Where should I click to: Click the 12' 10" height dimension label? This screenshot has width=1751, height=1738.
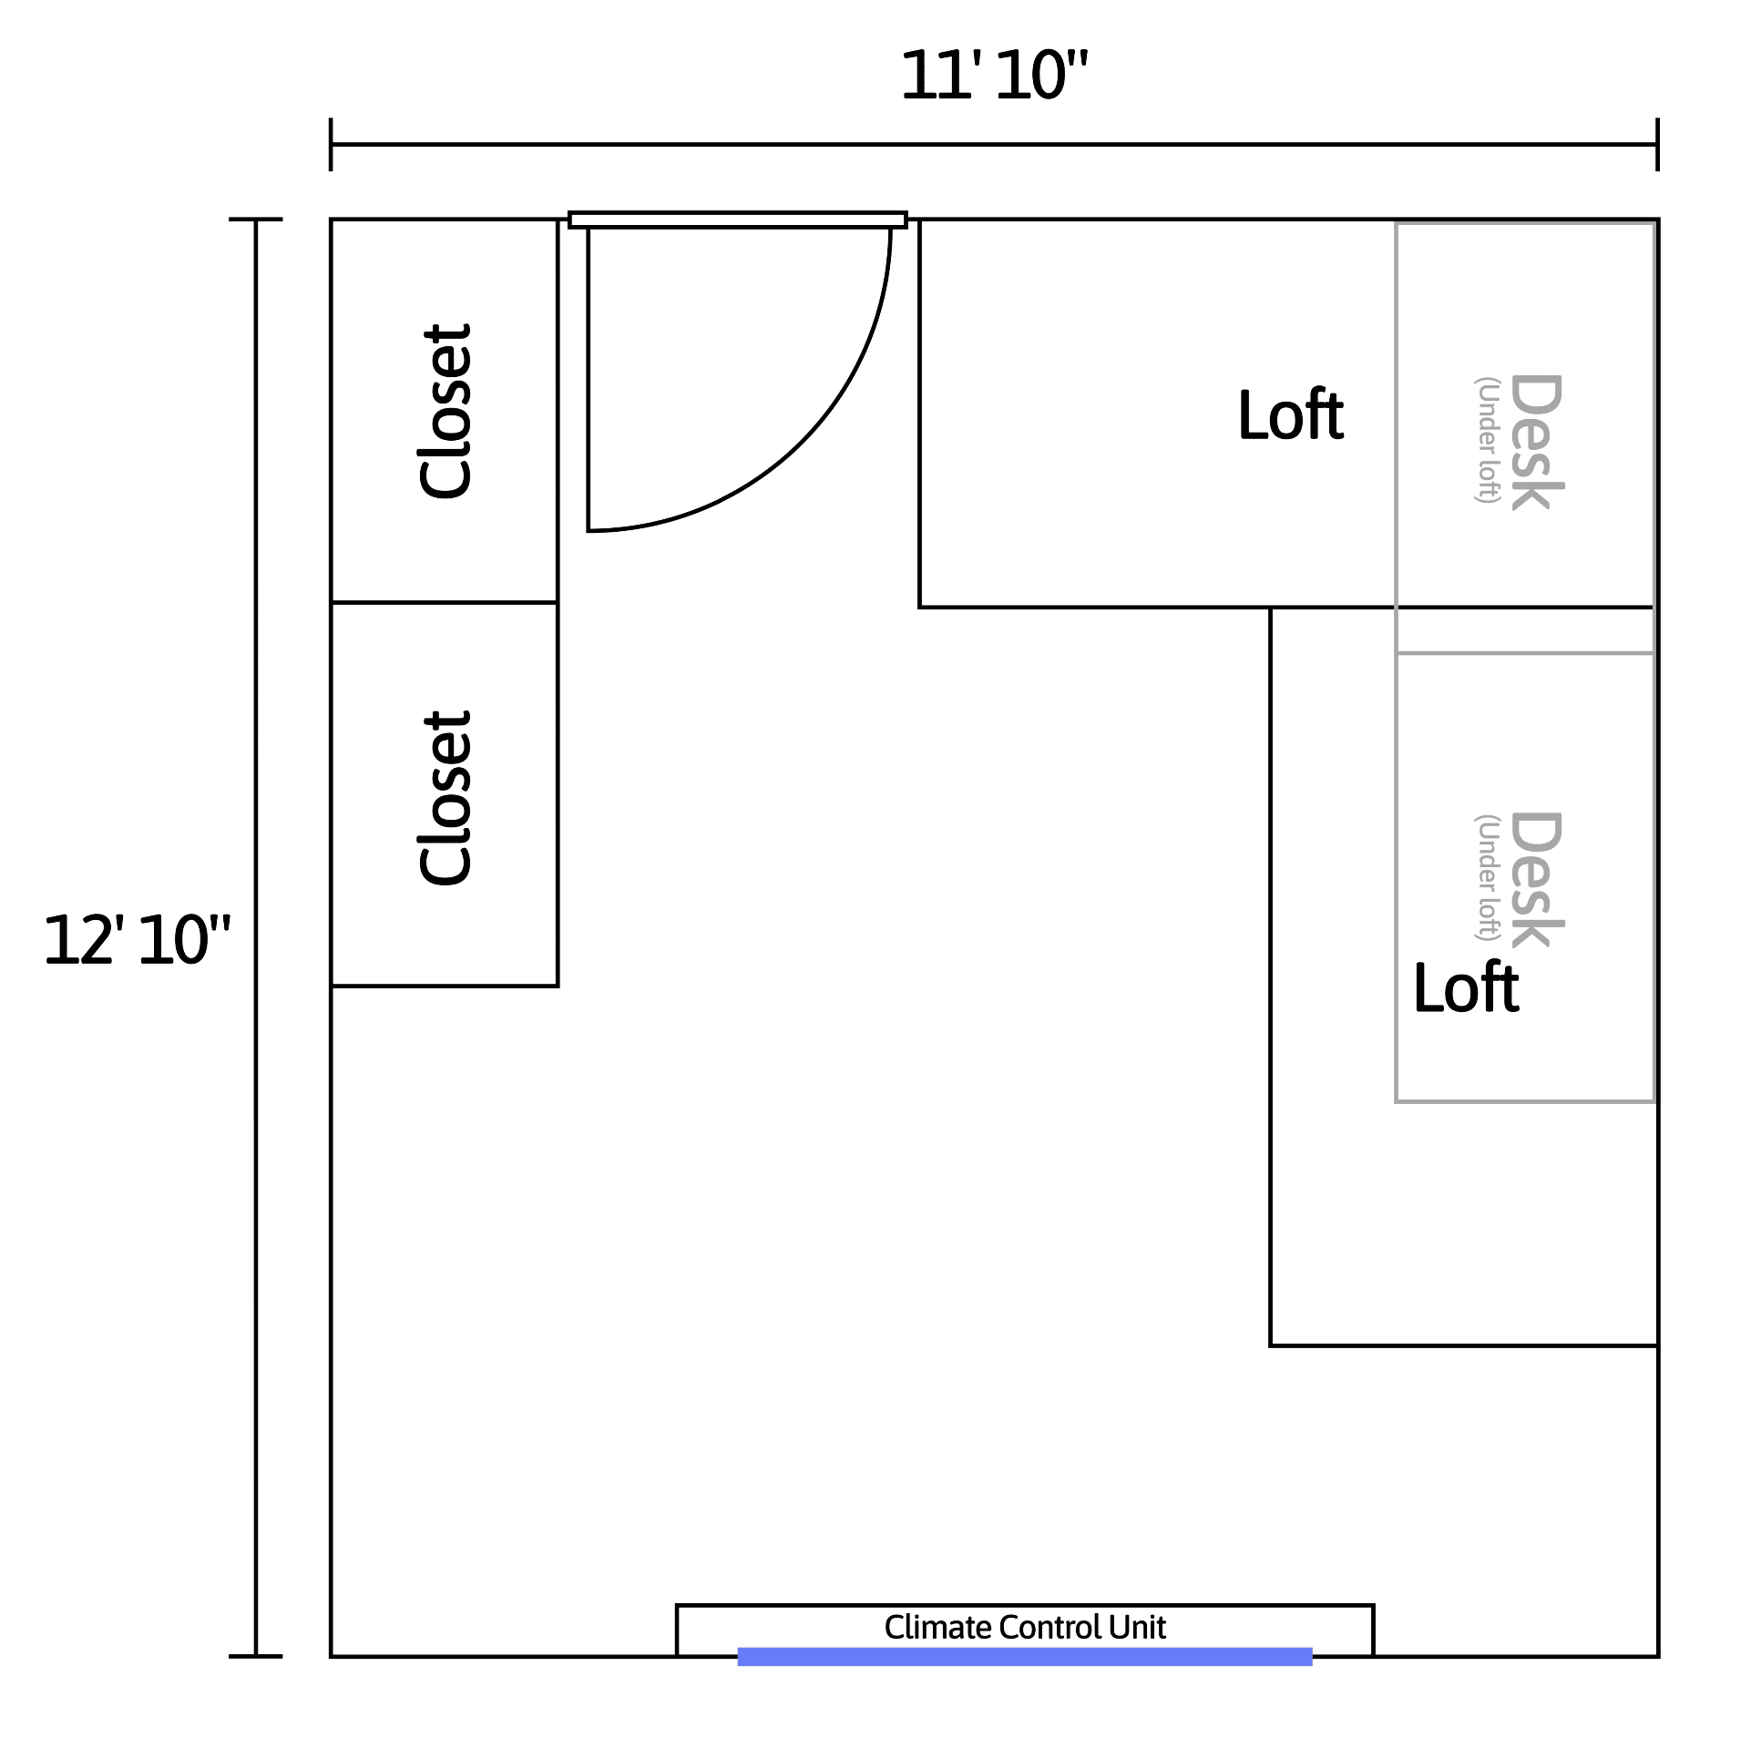tap(137, 940)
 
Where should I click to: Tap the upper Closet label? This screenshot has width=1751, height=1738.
tap(446, 411)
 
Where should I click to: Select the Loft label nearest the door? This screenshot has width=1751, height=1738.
tap(1290, 415)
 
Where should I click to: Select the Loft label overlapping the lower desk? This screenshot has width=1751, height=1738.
tap(1466, 987)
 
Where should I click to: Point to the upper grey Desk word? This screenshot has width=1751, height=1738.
tap(1537, 442)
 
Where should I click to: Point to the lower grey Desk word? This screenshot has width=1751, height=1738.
tap(1537, 879)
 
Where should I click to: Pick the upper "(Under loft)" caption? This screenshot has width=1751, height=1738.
tap(1487, 440)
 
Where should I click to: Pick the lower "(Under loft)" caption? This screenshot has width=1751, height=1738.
tap(1487, 877)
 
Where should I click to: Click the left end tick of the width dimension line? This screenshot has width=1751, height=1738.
tap(331, 144)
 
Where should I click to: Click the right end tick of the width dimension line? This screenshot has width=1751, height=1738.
tap(1657, 144)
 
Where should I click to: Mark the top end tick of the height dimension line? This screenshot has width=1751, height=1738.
tap(255, 220)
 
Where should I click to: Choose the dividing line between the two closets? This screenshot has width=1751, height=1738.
tap(445, 602)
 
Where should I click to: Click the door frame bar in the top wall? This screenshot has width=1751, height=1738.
tap(738, 220)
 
